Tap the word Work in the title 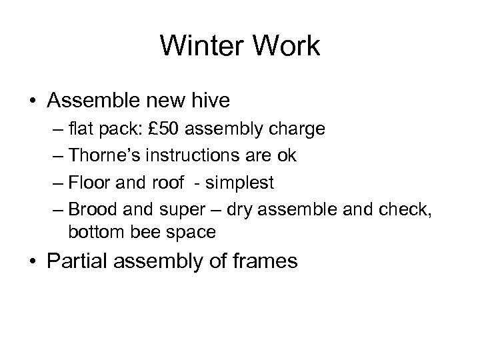[x=289, y=47]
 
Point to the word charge [x=301, y=129]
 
